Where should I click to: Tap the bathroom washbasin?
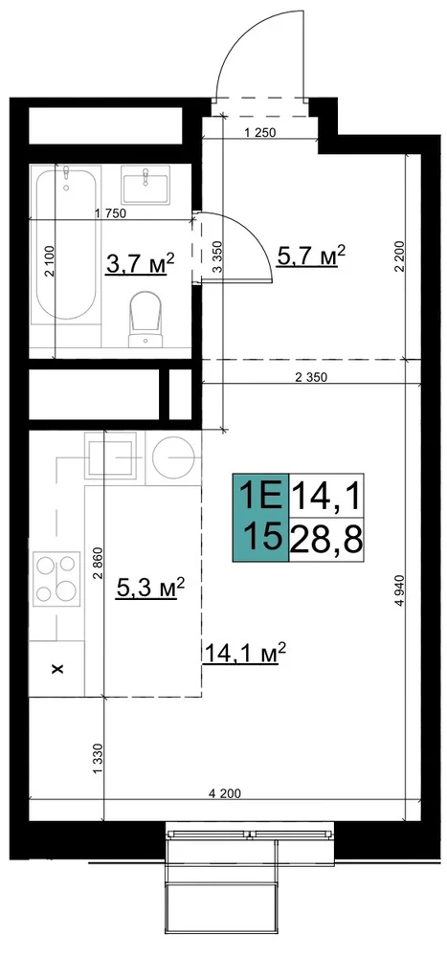pos(145,185)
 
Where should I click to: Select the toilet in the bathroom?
pos(145,318)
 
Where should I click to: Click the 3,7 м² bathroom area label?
pos(140,265)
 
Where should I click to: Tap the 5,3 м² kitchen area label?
pos(149,589)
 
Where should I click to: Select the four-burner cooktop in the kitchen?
pos(56,579)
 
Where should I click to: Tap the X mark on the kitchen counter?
pos(58,670)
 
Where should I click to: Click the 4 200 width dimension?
pos(225,793)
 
